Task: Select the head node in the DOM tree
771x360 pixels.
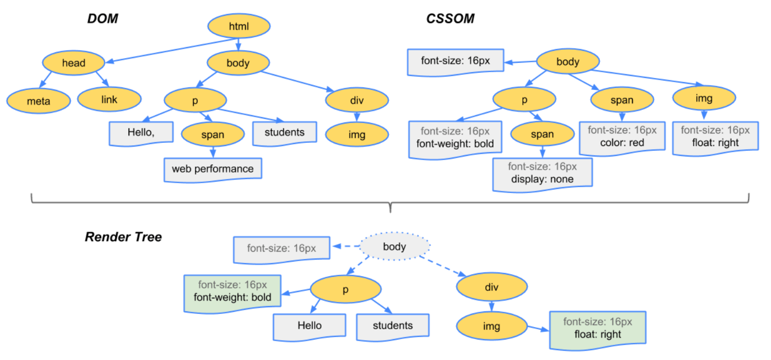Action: point(74,63)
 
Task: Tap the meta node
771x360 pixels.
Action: point(38,100)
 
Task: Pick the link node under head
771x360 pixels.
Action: point(109,99)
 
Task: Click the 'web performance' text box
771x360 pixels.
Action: point(213,169)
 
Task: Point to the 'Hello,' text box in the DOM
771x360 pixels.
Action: point(141,132)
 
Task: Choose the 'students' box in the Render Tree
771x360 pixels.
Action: point(393,326)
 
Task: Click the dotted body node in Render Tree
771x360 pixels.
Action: point(395,246)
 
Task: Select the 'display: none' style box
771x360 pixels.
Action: point(542,173)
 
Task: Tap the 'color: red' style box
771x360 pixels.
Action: point(622,137)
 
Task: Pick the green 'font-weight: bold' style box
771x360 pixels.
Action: point(232,291)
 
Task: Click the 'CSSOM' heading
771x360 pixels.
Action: point(450,19)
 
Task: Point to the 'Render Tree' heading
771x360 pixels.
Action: point(124,237)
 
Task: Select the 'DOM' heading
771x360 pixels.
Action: point(103,19)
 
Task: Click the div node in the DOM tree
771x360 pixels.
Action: point(357,99)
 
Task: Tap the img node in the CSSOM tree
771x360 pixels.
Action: point(704,98)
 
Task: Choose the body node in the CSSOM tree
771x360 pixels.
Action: point(568,62)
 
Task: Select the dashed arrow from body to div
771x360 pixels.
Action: point(442,265)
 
